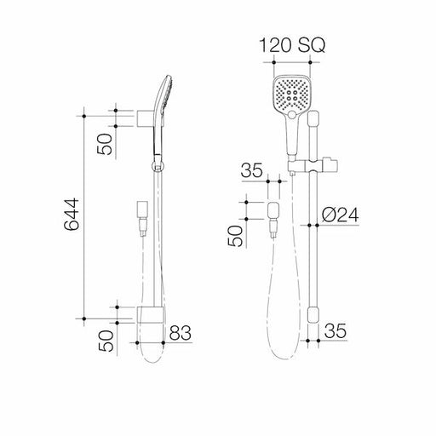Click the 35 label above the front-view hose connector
(251, 171)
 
